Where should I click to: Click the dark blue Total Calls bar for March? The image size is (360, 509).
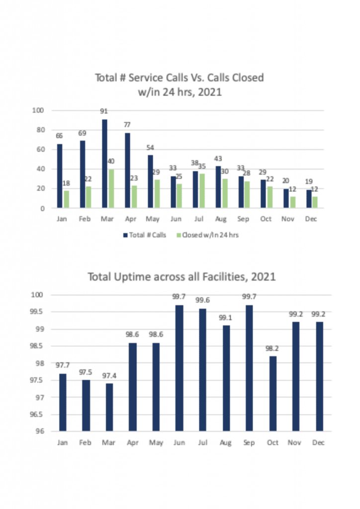[104, 164]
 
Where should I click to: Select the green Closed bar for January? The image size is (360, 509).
[66, 199]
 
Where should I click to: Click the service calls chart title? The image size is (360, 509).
[180, 84]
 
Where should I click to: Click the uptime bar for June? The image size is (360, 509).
[179, 368]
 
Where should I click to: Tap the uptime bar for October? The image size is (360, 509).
[273, 393]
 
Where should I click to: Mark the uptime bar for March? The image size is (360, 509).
[109, 407]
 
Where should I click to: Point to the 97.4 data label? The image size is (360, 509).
[109, 376]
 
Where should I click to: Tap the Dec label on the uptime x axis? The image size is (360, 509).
[318, 442]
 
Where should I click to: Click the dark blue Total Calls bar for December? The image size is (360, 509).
[309, 199]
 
